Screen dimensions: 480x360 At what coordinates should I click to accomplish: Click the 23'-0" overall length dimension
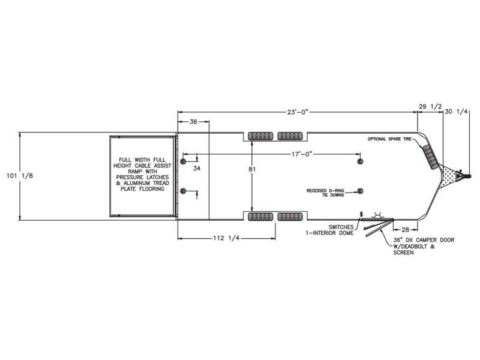297,112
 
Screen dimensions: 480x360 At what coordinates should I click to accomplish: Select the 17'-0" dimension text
302,154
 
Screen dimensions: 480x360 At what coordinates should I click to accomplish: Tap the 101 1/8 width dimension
20,176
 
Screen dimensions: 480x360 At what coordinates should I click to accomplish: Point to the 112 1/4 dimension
226,238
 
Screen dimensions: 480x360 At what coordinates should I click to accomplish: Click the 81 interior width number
252,169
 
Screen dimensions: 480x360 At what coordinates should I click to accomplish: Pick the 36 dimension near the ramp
193,122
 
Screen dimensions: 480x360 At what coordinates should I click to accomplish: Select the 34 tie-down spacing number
197,168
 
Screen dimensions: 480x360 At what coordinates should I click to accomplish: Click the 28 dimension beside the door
406,229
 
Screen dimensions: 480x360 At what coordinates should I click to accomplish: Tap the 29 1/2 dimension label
430,107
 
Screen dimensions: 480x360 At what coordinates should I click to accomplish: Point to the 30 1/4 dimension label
456,112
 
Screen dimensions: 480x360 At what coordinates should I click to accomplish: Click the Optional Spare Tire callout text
389,139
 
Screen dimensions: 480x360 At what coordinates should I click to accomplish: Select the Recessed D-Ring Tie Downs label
325,193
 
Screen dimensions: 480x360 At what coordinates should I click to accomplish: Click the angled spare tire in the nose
430,157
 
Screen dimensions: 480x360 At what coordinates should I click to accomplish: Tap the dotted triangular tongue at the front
448,176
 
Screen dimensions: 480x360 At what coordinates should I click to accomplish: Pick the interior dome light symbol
377,215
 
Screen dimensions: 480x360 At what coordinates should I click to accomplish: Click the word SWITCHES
341,227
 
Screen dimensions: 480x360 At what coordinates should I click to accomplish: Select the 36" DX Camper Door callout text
424,246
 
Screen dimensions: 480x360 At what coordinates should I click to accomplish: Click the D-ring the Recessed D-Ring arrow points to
360,191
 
